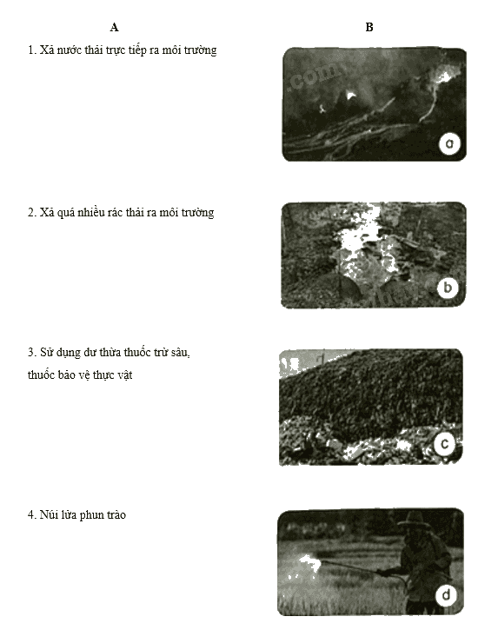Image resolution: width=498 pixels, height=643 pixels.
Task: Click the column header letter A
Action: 115,28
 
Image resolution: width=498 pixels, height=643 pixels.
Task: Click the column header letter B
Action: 369,27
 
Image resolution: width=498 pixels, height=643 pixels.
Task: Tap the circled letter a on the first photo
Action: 449,143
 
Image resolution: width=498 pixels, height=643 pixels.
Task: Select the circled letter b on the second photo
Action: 448,288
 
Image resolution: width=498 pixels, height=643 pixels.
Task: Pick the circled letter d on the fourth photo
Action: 446,595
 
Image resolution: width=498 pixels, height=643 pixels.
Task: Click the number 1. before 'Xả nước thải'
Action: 32,50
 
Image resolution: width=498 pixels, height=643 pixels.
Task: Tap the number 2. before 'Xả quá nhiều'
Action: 32,212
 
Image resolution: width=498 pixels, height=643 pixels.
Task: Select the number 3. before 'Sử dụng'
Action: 32,352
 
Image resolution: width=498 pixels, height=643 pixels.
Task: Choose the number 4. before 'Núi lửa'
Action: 32,514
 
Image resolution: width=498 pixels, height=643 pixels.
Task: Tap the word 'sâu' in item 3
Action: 181,352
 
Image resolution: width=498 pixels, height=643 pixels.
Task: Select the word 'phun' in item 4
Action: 90,515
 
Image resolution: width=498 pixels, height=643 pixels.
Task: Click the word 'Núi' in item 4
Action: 50,514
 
